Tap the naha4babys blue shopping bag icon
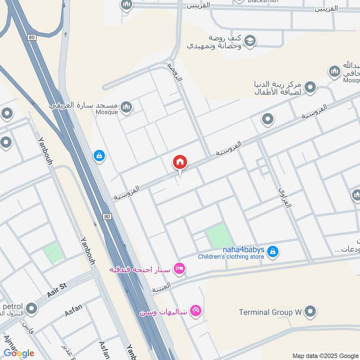[x=272, y=252]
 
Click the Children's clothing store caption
[x=231, y=257]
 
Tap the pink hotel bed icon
[x=180, y=269]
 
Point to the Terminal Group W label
[x=270, y=312]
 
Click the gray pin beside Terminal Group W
[x=310, y=311]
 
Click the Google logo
[x=19, y=353]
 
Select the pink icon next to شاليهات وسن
[x=196, y=310]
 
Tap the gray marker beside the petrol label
[x=31, y=308]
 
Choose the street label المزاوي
[x=284, y=198]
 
